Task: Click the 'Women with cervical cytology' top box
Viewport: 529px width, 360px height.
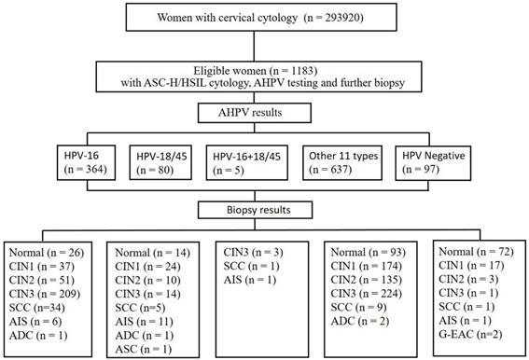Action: [x=261, y=17]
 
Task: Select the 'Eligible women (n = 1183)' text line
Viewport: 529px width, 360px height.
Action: [x=255, y=71]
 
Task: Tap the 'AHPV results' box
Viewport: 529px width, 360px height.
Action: [x=255, y=113]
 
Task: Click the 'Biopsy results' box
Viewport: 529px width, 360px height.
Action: [x=255, y=210]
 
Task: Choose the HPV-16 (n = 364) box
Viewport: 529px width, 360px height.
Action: [x=86, y=162]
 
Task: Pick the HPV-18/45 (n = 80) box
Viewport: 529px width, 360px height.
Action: [x=160, y=162]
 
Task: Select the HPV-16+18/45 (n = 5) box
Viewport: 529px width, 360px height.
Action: [x=247, y=162]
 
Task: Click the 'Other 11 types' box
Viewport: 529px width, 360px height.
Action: [x=342, y=162]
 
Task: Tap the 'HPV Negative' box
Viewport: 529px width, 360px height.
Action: [x=433, y=162]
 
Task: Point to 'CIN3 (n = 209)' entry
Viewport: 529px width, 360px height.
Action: [x=45, y=294]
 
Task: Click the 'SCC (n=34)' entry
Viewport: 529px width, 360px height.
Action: [x=37, y=308]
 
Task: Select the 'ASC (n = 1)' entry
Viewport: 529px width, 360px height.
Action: [x=144, y=349]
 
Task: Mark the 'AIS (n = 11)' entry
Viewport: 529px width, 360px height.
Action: [x=144, y=322]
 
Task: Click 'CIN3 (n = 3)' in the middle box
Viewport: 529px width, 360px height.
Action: [x=253, y=253]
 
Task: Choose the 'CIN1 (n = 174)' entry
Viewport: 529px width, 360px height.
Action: [x=367, y=266]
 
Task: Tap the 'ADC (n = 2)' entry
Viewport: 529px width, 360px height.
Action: [x=360, y=321]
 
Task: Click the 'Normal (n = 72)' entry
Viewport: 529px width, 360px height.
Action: [x=476, y=252]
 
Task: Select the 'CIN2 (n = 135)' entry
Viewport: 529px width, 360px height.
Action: [x=367, y=280]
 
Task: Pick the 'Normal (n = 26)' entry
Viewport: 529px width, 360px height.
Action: [x=47, y=253]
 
